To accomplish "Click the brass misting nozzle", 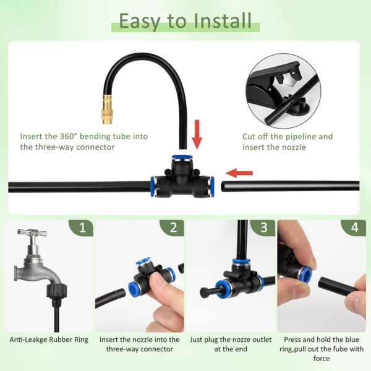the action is point(107,109).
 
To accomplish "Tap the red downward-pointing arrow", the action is point(197,134).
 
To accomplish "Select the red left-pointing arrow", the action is point(239,173).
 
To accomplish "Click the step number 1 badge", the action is point(82,228).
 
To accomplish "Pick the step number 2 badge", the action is point(173,228).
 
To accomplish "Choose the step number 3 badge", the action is point(263,228).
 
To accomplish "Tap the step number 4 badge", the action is point(354,228).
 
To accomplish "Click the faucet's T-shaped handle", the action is point(32,232).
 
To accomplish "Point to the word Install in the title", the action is point(222,21).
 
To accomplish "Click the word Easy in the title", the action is point(141,22).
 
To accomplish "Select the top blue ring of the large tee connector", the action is point(181,158).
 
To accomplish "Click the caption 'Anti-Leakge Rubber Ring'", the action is point(49,339).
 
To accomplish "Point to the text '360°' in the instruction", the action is point(69,136).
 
